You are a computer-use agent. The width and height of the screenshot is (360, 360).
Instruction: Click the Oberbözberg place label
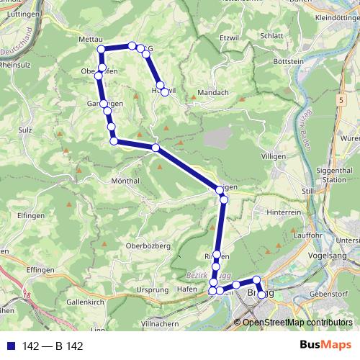148,246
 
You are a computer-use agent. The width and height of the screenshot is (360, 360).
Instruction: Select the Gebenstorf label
328,295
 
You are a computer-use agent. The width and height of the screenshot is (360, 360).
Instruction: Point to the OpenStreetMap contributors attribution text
296,323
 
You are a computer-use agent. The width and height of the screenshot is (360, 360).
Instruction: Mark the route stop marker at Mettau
102,49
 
